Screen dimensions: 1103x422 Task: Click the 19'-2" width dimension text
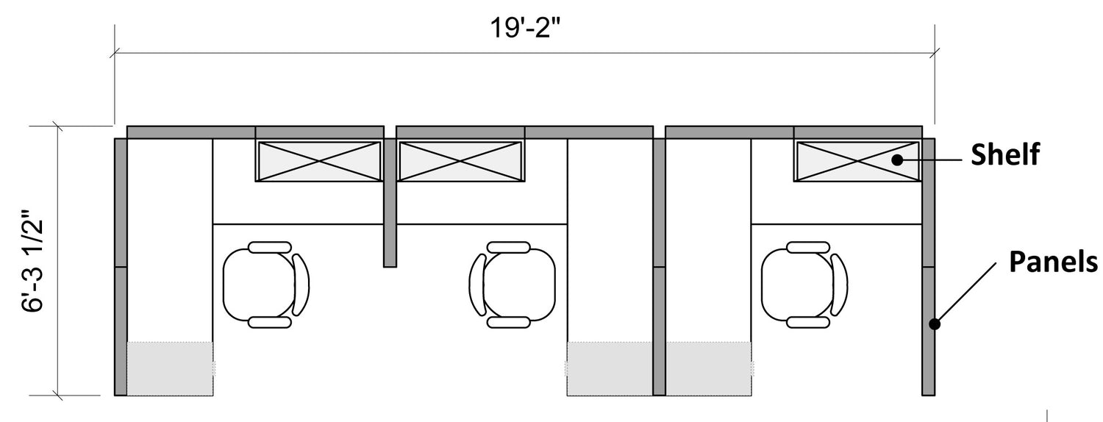click(525, 28)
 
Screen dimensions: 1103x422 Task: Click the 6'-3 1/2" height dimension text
click(33, 262)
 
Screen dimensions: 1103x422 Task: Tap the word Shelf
click(1005, 154)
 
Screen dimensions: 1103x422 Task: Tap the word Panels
click(1053, 261)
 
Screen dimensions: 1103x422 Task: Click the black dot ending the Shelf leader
click(898, 160)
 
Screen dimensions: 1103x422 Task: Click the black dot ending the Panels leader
click(935, 324)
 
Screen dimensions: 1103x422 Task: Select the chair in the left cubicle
click(266, 285)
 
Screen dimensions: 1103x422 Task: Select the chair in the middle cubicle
click(512, 285)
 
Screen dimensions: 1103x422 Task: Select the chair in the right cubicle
click(804, 285)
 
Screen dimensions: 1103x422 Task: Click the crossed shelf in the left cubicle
click(319, 161)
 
